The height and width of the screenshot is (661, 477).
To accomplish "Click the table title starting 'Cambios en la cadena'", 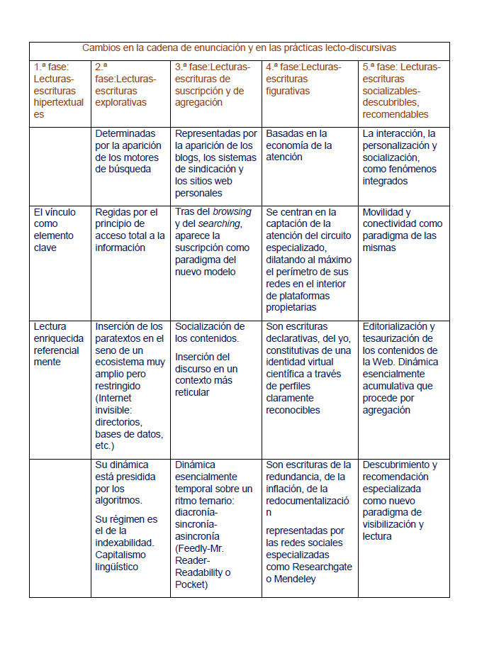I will [239, 48].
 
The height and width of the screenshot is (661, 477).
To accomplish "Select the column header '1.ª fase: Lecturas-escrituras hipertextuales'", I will [59, 90].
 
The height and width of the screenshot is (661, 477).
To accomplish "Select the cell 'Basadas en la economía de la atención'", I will [299, 145].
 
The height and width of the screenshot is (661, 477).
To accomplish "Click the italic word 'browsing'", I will [232, 212].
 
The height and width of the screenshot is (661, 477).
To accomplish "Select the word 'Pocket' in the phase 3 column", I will [191, 584].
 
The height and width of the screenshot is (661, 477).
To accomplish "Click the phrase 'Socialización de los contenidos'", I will [210, 332].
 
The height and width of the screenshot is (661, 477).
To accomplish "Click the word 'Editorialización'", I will [399, 326].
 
